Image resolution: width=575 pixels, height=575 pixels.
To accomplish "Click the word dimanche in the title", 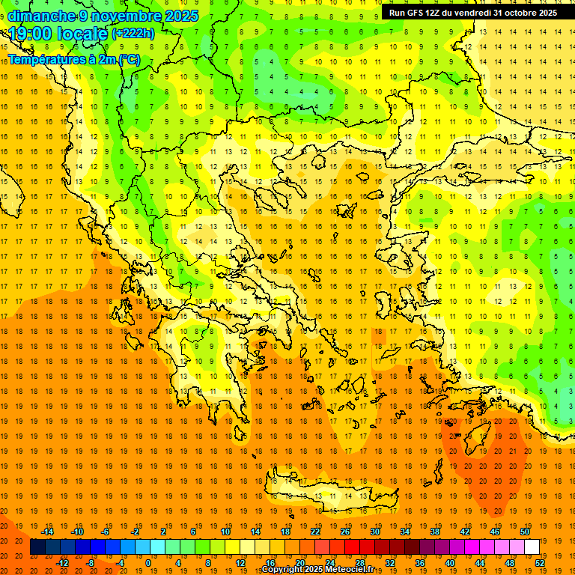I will tap(41, 16).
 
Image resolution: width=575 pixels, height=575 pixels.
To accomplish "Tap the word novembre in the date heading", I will tap(123, 16).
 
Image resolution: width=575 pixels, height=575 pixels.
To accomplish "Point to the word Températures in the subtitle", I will tap(45, 59).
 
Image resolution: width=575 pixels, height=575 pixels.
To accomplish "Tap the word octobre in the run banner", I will tap(520, 13).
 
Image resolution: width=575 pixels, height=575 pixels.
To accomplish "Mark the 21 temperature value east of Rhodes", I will tap(512, 451).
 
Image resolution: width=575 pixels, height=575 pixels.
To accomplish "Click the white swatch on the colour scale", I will tap(532, 547).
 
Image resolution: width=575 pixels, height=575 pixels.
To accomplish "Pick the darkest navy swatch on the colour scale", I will tap(38, 547).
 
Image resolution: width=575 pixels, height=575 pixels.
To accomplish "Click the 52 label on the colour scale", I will tap(540, 563).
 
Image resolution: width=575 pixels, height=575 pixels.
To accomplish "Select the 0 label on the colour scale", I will tap(148, 563).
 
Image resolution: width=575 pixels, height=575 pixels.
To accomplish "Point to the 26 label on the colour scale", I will tap(345, 531).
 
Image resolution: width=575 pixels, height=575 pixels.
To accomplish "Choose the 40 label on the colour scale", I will tap(450, 563).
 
